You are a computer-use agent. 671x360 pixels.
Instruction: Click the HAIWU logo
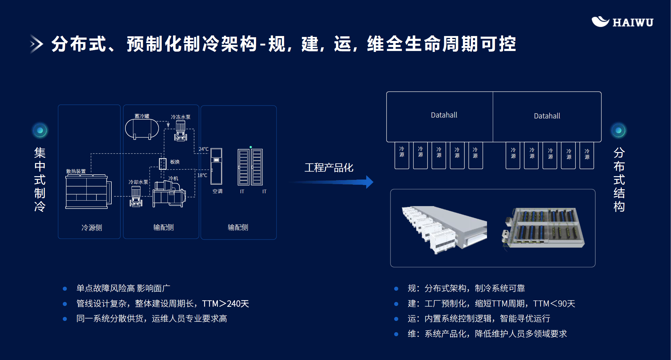point(622,22)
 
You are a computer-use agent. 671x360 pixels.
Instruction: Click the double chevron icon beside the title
point(37,44)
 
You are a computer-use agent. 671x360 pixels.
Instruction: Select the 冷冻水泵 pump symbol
point(181,131)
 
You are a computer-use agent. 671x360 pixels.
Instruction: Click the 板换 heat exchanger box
point(163,164)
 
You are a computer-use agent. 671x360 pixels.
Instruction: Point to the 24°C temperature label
point(204,149)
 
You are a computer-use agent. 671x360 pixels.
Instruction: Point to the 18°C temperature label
point(202,175)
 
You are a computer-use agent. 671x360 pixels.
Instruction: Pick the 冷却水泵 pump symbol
point(136,196)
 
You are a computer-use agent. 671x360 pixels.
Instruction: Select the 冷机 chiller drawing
point(169,194)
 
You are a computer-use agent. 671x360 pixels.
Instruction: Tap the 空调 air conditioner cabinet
point(216,166)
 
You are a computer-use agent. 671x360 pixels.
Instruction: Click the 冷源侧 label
point(92,227)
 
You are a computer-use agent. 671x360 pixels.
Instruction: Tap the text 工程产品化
point(329,168)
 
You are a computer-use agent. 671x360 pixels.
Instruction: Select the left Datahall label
point(444,115)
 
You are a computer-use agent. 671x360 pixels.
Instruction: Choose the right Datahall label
point(547,116)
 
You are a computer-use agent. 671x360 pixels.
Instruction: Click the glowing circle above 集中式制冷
point(40,131)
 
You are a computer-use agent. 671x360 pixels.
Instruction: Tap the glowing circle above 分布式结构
point(619,131)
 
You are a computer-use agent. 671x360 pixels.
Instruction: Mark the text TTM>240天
point(225,304)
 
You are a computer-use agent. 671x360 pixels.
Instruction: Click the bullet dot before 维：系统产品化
point(396,334)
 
